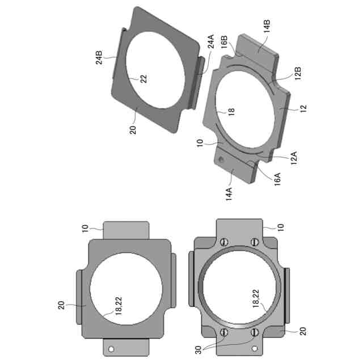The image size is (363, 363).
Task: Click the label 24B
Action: click(99, 57)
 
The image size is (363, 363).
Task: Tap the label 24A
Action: click(210, 41)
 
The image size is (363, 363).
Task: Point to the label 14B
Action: click(267, 26)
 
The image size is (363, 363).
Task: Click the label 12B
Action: click(298, 73)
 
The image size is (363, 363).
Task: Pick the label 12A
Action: click(294, 158)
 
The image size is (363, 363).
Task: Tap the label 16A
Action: click(277, 179)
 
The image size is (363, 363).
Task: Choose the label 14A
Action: click(229, 194)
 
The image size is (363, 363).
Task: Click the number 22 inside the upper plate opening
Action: click(143, 79)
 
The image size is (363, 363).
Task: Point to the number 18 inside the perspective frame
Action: click(231, 112)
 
